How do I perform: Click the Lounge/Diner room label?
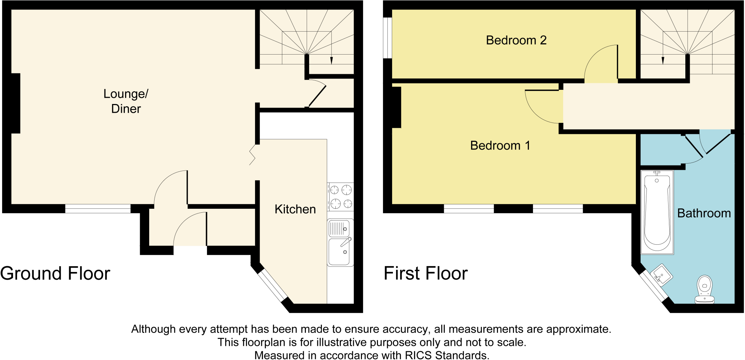click(126, 101)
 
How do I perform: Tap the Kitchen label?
click(295, 209)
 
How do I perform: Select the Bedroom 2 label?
click(516, 40)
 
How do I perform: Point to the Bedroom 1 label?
click(500, 145)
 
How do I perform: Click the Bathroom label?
click(704, 213)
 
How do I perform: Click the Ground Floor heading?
click(55, 273)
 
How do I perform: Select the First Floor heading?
click(426, 273)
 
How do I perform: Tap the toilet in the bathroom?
click(705, 289)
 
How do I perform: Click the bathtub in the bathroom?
click(657, 212)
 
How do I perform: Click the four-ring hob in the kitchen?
click(340, 197)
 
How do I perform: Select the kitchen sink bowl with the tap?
click(339, 252)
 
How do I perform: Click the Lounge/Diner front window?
click(98, 208)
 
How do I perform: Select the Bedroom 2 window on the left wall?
click(388, 38)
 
